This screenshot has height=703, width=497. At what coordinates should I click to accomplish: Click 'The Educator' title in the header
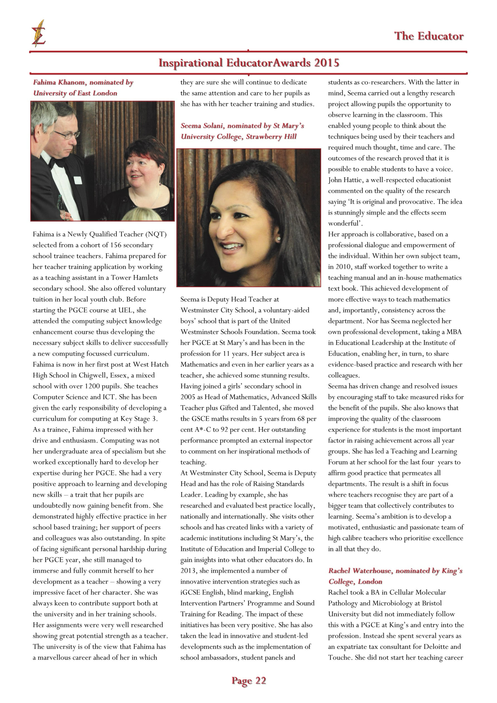point(429,36)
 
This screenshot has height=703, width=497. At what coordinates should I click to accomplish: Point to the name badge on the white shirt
point(78,180)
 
